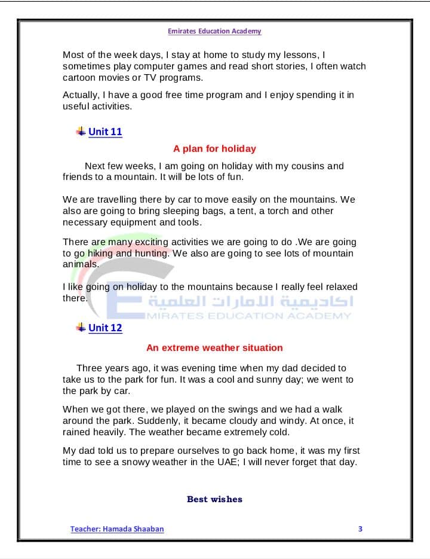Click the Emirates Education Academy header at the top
click(214, 31)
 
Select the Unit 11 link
click(105, 132)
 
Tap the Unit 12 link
click(105, 328)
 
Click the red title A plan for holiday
click(214, 148)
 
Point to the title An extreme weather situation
click(214, 347)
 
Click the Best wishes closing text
click(214, 499)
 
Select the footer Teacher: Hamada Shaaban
click(117, 529)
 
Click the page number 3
click(360, 529)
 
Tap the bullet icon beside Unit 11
click(81, 131)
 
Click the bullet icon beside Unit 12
click(81, 327)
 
